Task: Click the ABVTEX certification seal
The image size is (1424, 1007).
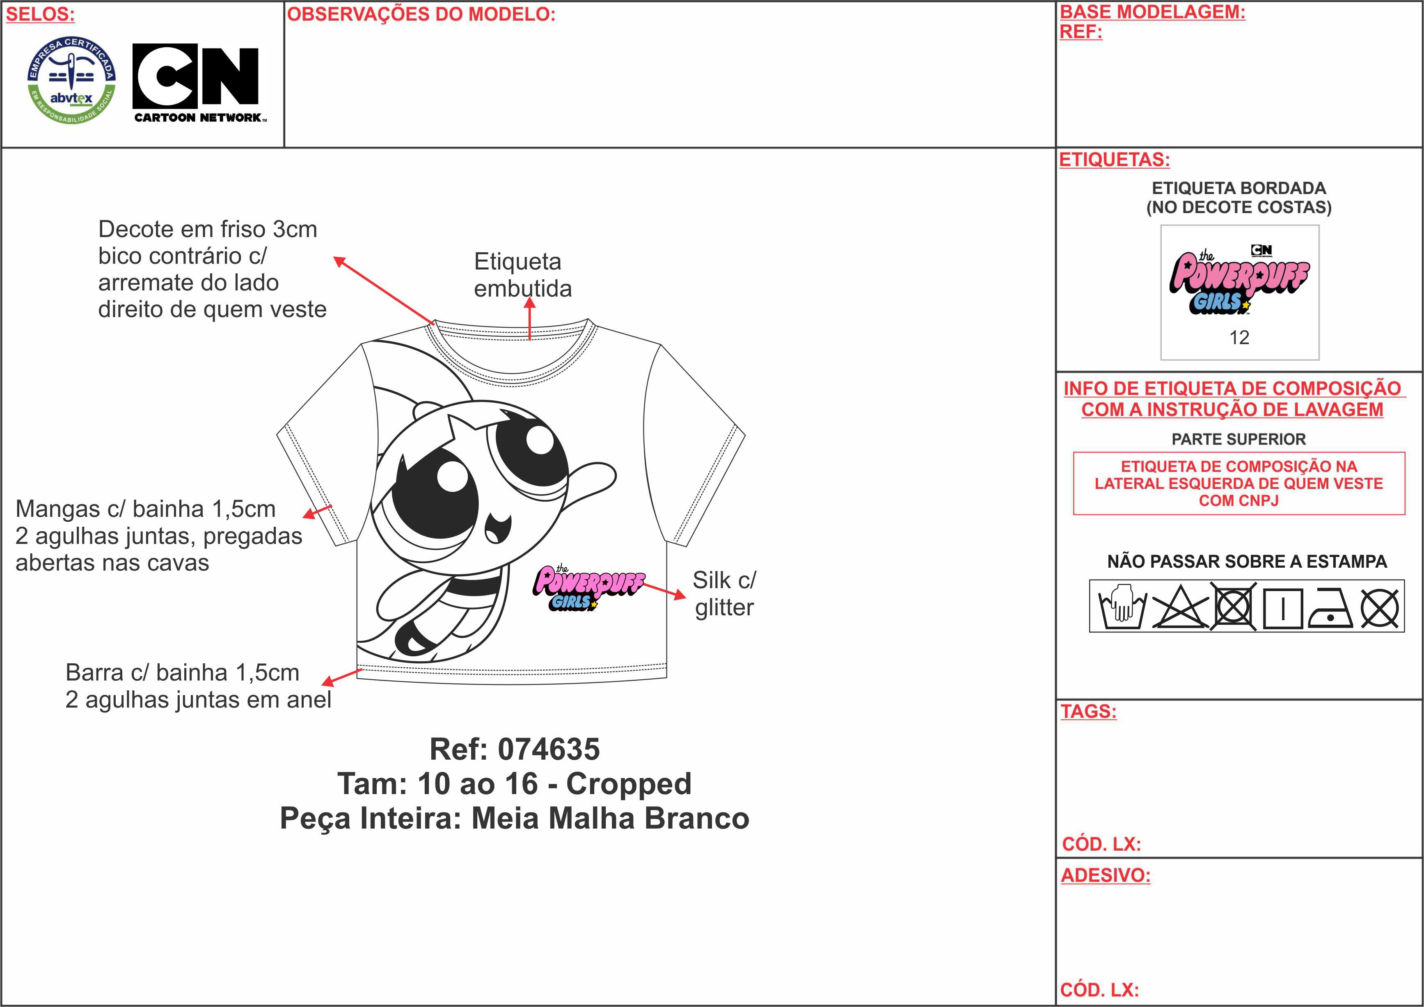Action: [x=71, y=79]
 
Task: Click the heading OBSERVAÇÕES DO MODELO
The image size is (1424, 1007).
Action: [x=421, y=14]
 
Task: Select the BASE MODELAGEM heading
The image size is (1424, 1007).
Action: [x=1152, y=12]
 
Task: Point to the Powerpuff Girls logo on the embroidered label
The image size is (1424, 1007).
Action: [x=1239, y=280]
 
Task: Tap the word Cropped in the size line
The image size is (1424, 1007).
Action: [x=629, y=784]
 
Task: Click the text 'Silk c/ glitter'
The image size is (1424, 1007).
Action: [x=724, y=594]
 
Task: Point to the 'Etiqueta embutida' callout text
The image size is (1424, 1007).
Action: [x=523, y=275]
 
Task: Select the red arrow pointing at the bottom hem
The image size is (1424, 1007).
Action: [x=342, y=677]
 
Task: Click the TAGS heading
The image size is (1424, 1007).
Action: [x=1088, y=711]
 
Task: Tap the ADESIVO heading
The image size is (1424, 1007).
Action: [x=1105, y=876]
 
